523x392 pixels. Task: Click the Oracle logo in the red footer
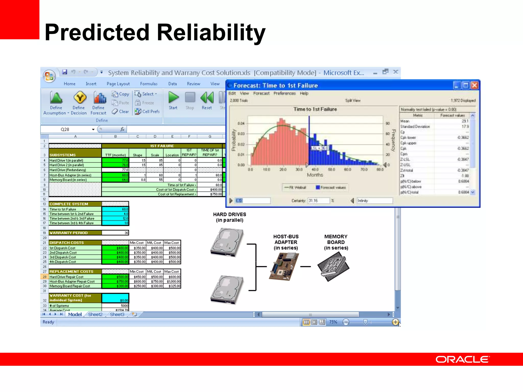click(x=462, y=359)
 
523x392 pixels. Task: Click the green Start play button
click(x=173, y=97)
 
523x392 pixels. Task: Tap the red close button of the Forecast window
click(x=474, y=85)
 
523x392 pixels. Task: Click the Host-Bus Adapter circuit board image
click(x=284, y=266)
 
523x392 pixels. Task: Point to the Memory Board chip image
click(x=333, y=266)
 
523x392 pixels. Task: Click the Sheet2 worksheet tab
click(x=95, y=314)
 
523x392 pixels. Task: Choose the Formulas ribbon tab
click(x=149, y=84)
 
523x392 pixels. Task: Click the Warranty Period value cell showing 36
click(x=115, y=233)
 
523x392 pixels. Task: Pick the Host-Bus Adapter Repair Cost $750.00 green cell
click(x=115, y=281)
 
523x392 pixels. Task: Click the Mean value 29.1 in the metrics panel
click(x=465, y=121)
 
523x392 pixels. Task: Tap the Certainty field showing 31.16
click(x=318, y=201)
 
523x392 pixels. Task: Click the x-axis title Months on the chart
click(x=315, y=175)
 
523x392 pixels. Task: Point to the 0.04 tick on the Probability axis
click(x=241, y=123)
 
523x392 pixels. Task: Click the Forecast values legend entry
click(x=331, y=188)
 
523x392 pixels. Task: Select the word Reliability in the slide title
click(x=211, y=32)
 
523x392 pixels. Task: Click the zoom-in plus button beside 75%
click(x=395, y=322)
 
